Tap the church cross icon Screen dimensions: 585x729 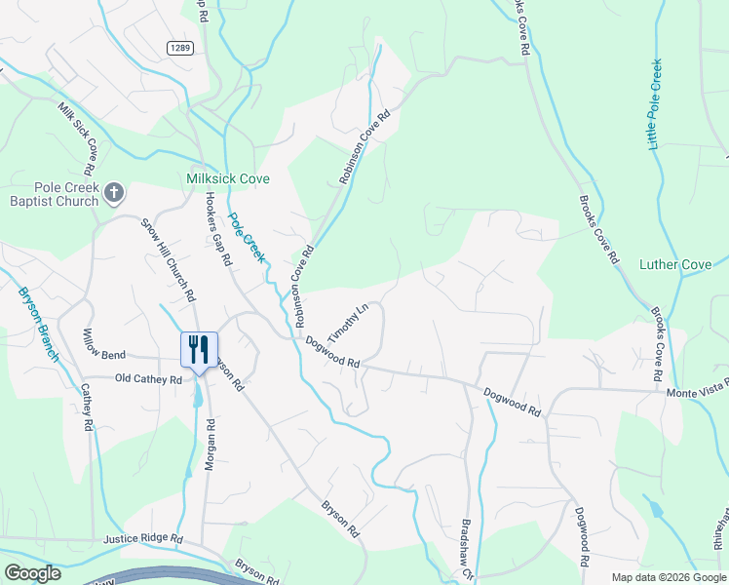[x=114, y=192]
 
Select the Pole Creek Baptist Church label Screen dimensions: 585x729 [x=53, y=194]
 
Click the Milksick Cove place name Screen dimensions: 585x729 [x=228, y=178]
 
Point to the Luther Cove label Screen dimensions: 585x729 [x=674, y=264]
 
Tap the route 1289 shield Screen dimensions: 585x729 [x=177, y=47]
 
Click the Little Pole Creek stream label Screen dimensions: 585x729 [x=656, y=102]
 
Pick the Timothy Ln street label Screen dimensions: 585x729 [x=347, y=320]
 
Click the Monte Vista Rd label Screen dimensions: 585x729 [x=697, y=392]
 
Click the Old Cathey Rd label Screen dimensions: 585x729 [x=148, y=378]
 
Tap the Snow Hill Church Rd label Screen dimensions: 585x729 [x=169, y=256]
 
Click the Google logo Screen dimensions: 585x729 [x=32, y=573]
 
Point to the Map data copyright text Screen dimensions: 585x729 [x=668, y=577]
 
